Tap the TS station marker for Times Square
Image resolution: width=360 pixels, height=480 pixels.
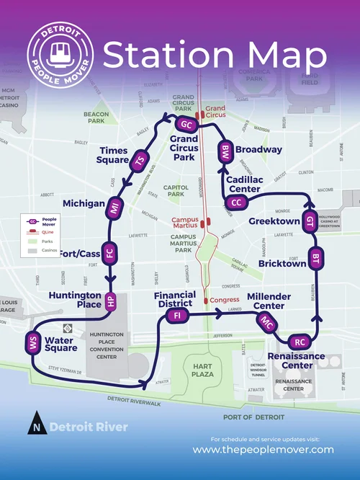coord(140,160)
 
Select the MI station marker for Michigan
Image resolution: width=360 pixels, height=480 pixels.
coord(114,209)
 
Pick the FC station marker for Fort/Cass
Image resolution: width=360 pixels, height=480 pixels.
coord(109,253)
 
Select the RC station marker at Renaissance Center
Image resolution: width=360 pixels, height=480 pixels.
coord(300,342)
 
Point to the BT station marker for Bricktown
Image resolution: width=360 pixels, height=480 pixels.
coord(315,257)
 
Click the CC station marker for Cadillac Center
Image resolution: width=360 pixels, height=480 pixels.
coord(236,203)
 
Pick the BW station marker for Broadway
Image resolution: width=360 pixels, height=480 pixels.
coord(225,152)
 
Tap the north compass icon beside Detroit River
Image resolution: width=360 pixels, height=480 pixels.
coord(36,426)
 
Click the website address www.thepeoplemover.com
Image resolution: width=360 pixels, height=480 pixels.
coord(263,450)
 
